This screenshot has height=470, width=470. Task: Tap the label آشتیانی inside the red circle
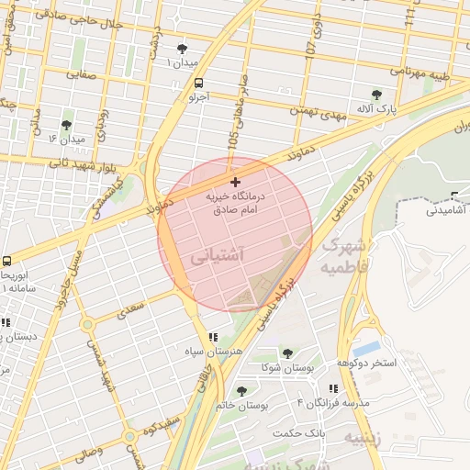point(218,259)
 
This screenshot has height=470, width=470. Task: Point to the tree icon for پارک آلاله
point(375,94)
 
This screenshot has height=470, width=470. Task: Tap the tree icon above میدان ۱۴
point(66,124)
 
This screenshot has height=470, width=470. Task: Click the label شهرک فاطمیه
point(344,256)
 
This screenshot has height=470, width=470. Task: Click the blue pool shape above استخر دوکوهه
point(366,349)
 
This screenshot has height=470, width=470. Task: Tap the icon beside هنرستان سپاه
point(213,337)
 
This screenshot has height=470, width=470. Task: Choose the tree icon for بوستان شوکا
point(287,352)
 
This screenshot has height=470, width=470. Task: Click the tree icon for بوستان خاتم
point(241,391)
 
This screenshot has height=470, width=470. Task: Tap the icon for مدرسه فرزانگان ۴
point(332,388)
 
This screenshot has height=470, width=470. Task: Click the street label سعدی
point(133,313)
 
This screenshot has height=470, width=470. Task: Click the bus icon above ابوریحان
point(6,261)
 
